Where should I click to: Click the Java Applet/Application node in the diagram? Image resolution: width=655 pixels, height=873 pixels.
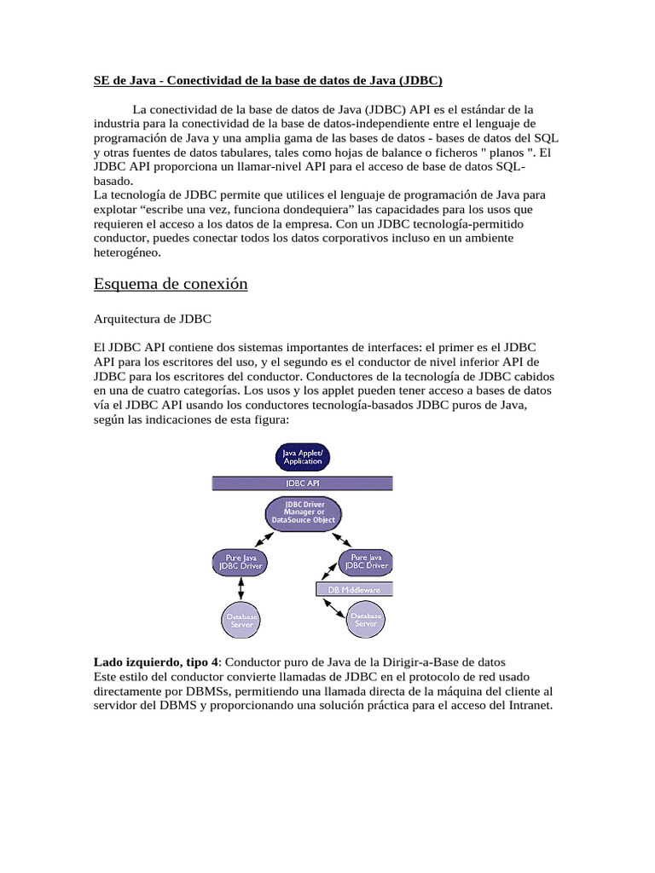(x=303, y=456)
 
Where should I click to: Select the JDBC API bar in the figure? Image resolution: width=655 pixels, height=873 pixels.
(x=303, y=483)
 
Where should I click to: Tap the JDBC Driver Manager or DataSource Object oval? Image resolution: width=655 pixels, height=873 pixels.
(x=303, y=512)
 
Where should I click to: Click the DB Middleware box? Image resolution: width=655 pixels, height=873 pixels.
(x=355, y=589)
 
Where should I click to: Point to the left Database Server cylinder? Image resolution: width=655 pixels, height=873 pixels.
(x=241, y=620)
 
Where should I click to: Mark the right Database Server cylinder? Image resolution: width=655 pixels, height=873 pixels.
(x=367, y=620)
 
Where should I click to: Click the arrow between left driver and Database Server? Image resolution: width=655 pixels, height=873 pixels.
(x=241, y=588)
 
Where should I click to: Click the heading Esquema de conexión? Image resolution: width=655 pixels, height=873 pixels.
(x=170, y=284)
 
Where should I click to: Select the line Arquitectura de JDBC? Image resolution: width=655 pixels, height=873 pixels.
(x=152, y=319)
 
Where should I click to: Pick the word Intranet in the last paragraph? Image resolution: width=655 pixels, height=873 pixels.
(x=529, y=706)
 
